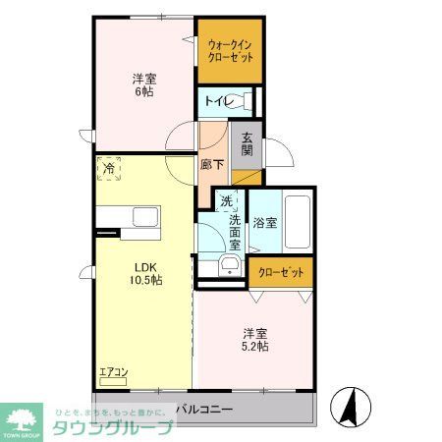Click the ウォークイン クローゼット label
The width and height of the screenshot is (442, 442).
click(x=229, y=50)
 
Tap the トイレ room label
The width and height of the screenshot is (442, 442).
click(x=216, y=100)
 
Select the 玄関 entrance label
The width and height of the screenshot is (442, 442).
click(x=248, y=144)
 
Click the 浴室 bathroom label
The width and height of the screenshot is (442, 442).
click(x=264, y=223)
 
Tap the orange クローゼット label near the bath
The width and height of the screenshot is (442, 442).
click(x=282, y=272)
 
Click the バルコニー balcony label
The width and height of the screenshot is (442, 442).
click(x=204, y=407)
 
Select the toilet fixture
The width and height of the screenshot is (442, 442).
click(x=247, y=100)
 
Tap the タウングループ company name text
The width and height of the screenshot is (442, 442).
click(x=119, y=426)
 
